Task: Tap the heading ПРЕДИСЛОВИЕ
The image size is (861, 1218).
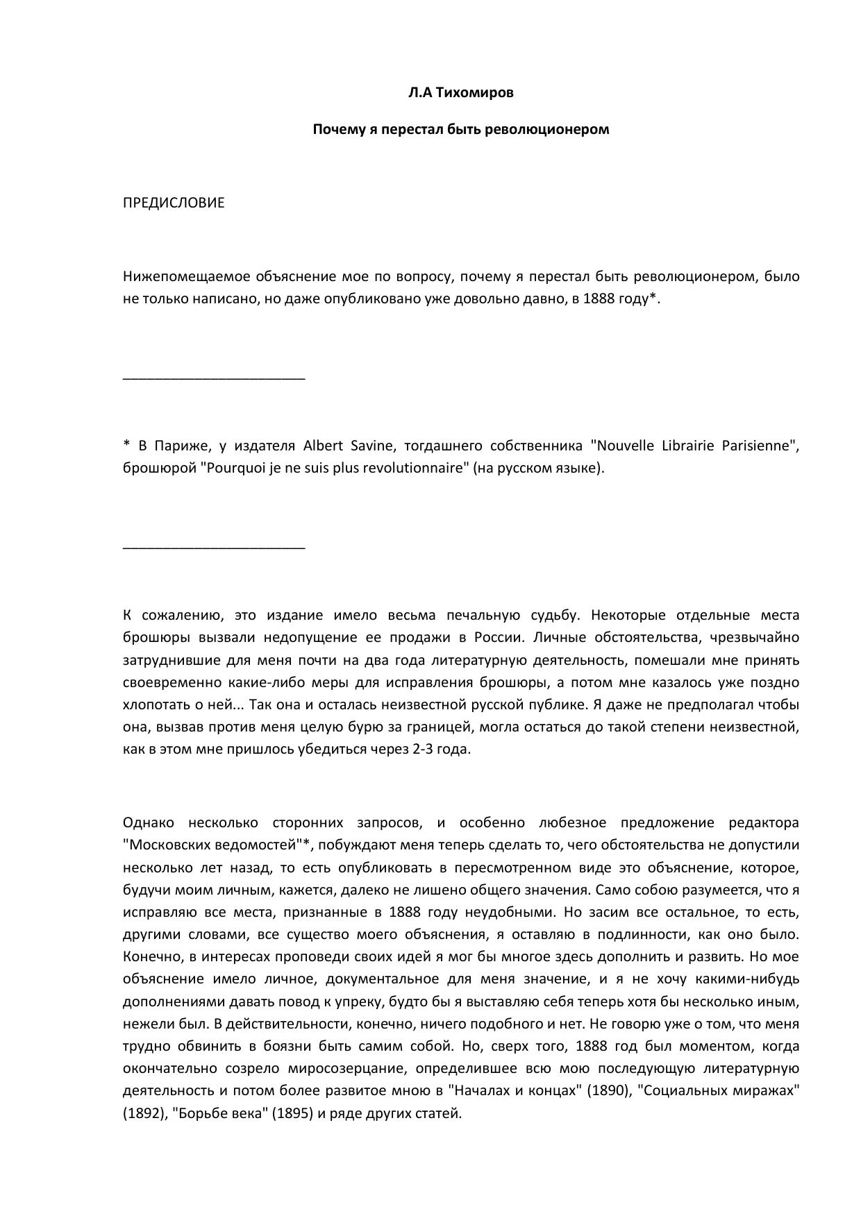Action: point(174,203)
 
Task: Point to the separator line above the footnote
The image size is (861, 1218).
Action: point(214,378)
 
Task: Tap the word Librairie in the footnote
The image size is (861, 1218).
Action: point(684,446)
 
